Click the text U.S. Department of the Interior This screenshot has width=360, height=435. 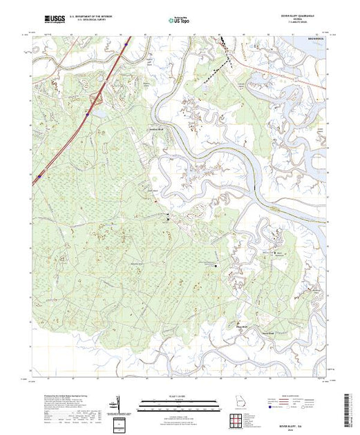pyautogui.click(x=94, y=14)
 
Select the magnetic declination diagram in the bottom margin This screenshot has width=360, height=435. pyautogui.click(x=117, y=402)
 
